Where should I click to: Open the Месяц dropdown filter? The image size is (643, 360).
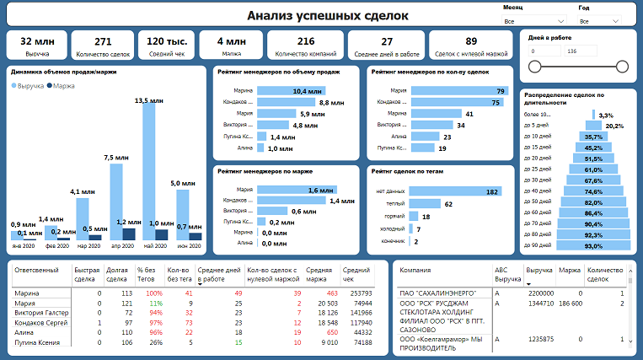[x=535, y=19]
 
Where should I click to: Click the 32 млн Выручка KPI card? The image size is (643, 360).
[x=36, y=46]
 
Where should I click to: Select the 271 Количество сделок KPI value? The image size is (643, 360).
[x=103, y=41]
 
